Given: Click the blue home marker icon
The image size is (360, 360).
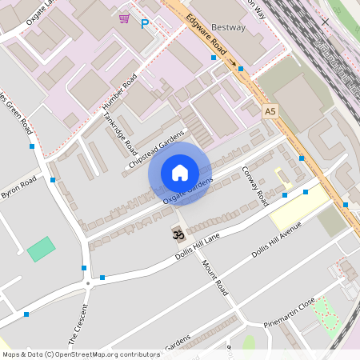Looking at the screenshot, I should (180, 173).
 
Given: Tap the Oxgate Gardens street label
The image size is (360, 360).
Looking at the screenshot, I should (187, 190).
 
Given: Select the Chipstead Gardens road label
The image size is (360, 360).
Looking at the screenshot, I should (157, 148).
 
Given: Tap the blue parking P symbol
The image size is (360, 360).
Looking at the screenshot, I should (145, 24).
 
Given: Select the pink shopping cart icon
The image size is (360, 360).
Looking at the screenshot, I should (124, 18).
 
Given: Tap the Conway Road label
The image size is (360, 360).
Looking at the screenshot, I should (254, 186).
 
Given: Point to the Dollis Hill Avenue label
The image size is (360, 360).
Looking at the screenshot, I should (275, 240).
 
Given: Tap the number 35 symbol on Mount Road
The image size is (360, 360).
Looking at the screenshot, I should (178, 234).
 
